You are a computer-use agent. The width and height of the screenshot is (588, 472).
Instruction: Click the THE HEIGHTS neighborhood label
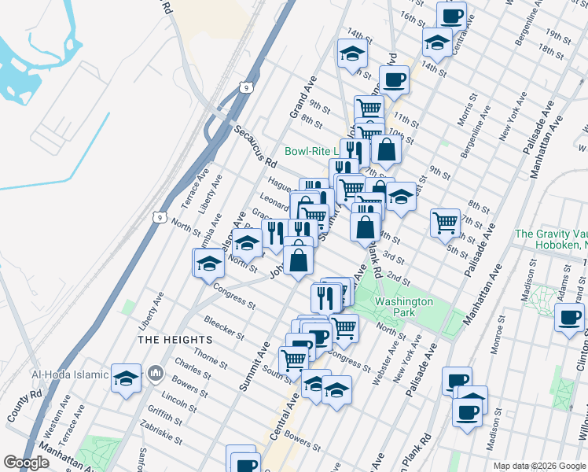175,339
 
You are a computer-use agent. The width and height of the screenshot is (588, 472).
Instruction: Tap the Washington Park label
404,307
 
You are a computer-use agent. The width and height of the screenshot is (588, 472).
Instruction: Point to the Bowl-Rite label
311,151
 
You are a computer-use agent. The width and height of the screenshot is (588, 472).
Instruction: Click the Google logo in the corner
26,463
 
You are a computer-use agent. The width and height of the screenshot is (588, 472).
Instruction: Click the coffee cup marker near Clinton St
569,318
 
